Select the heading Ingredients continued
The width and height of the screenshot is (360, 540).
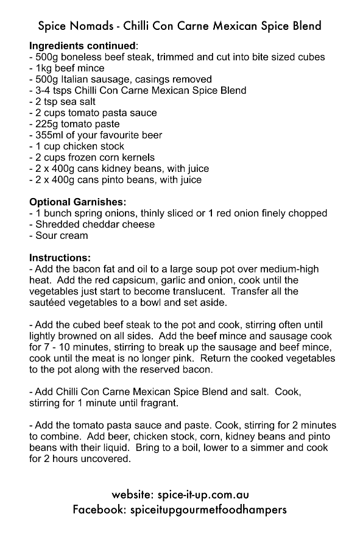pyautogui.click(x=82, y=46)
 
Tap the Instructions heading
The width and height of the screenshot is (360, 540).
pyautogui.click(x=60, y=258)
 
